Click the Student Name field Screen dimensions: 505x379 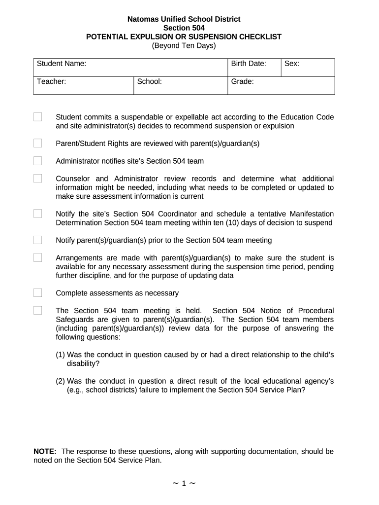pos(153,68)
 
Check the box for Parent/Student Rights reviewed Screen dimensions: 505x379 pos(38,144)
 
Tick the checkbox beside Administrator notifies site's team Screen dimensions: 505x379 pos(38,161)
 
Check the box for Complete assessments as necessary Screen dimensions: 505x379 pos(38,293)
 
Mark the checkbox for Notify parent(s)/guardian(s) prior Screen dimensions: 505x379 pos(38,240)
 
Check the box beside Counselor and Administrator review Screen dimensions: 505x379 pos(38,179)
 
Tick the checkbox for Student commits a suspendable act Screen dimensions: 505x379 pos(38,117)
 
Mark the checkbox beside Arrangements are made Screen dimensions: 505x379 pos(38,258)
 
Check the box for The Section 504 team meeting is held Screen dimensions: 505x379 pos(38,311)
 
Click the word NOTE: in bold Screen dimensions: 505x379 pos(45,451)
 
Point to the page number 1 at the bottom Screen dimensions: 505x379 pos(184,484)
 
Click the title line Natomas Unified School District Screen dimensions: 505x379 pos(184,19)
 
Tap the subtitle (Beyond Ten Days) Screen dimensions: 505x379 pos(184,46)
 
